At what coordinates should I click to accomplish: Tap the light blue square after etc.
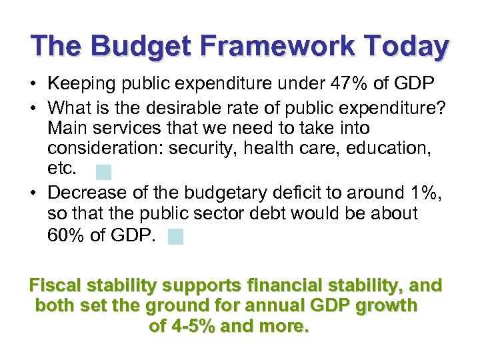click(103, 172)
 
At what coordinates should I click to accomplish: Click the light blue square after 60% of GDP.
click(175, 236)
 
